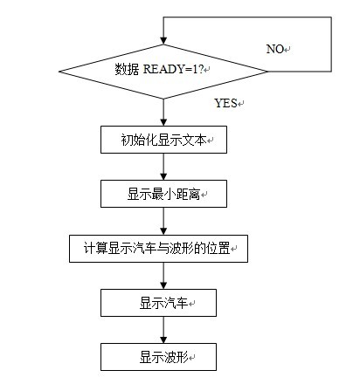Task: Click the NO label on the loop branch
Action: tap(275, 49)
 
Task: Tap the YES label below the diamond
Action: tap(225, 103)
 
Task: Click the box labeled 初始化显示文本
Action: tap(163, 140)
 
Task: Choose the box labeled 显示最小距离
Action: tap(163, 194)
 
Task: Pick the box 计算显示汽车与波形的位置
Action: tap(158, 249)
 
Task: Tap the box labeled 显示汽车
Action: tap(158, 303)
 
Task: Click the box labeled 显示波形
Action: tap(158, 357)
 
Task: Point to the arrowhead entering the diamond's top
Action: tap(163, 41)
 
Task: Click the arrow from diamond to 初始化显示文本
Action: tap(163, 113)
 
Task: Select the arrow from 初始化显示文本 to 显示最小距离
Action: tap(163, 167)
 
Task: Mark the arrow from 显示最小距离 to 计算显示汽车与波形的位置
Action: tap(163, 221)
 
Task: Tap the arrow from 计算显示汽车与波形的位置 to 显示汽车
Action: tap(163, 276)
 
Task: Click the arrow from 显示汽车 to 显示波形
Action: tap(163, 330)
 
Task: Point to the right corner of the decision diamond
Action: tap(267, 72)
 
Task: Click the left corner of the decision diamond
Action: tap(59, 72)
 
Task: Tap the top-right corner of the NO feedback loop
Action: tap(331, 17)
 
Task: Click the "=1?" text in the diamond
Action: tap(194, 69)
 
